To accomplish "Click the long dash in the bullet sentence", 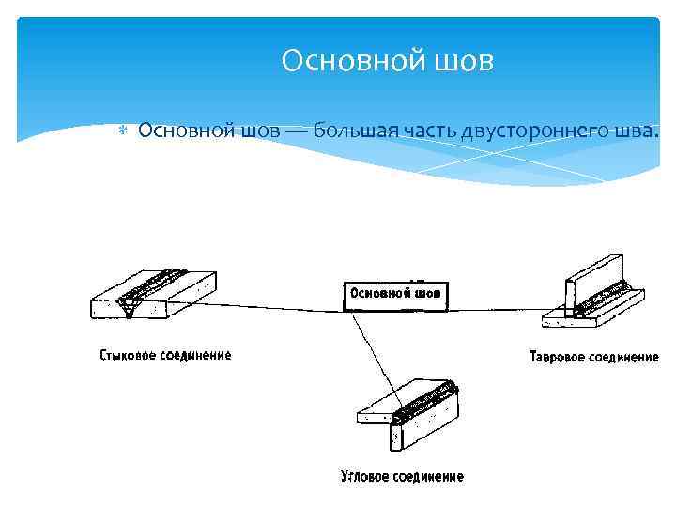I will coord(295,131).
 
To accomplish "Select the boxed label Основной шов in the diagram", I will coord(394,293).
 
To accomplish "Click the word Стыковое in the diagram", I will coord(129,355).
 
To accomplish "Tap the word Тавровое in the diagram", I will coord(559,357).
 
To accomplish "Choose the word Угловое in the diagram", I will coord(367,477).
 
